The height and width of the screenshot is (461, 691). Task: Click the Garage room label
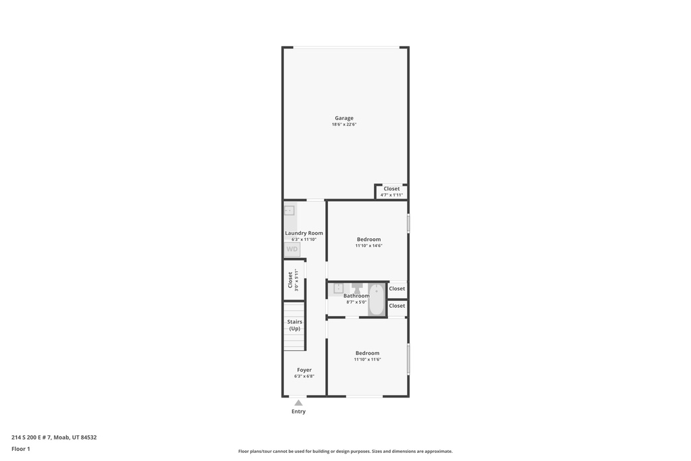(x=343, y=118)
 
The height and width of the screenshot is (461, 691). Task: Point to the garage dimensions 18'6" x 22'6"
(x=343, y=124)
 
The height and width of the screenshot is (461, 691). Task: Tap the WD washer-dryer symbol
(x=292, y=250)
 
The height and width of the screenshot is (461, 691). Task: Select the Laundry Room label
(x=304, y=233)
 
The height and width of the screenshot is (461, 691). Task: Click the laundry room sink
(x=289, y=210)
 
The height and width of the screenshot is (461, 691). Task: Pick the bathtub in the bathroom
(x=377, y=300)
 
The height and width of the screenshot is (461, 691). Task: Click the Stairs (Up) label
(x=294, y=325)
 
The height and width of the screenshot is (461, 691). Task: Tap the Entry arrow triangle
(x=298, y=403)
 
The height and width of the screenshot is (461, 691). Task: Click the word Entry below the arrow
(x=298, y=412)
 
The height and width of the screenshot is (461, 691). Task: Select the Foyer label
(x=304, y=370)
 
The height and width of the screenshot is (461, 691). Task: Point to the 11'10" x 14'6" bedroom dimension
(x=369, y=246)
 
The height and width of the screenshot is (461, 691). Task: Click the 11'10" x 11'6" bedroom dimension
(x=368, y=360)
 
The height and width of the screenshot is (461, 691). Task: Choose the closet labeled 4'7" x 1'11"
(x=391, y=192)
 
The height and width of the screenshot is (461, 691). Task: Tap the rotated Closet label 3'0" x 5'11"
(x=293, y=280)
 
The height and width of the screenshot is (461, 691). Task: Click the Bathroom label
(x=356, y=296)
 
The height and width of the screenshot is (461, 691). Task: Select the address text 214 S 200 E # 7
(x=31, y=437)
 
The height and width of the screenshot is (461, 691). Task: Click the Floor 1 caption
(x=21, y=449)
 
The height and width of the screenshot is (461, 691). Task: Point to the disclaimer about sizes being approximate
(x=345, y=452)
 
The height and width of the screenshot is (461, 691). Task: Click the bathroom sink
(x=338, y=288)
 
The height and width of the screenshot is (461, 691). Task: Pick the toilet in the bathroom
(x=357, y=289)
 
